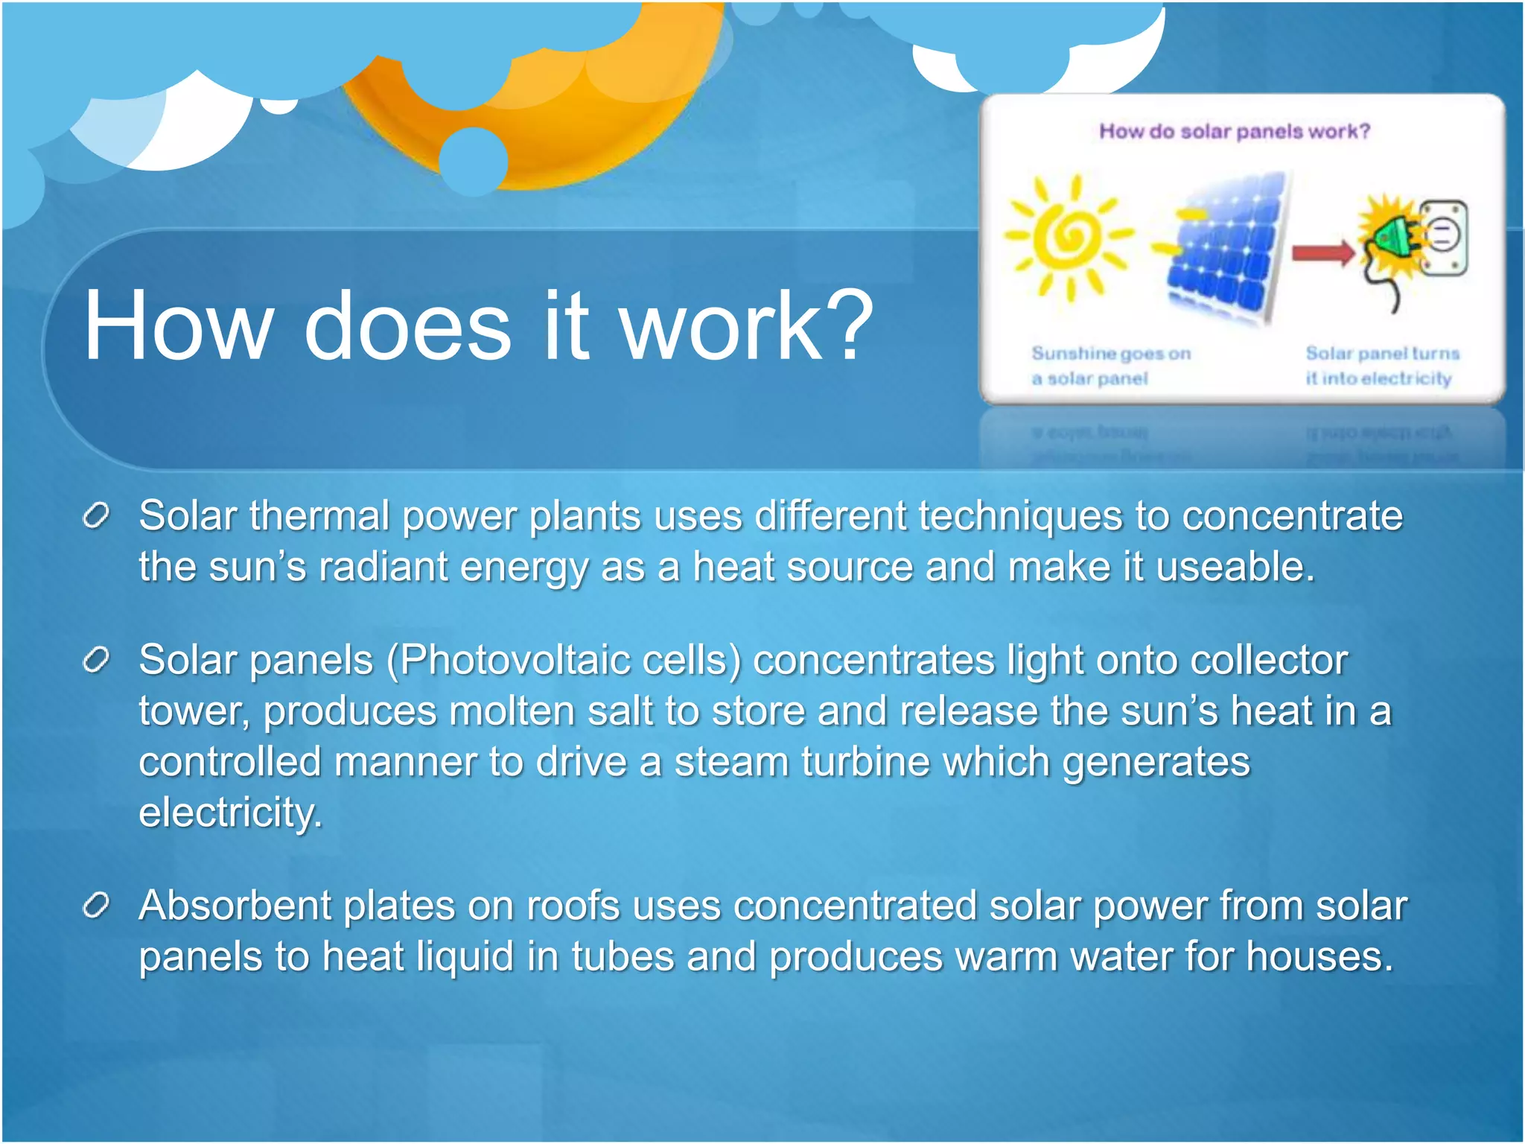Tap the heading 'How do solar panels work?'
click(x=1234, y=132)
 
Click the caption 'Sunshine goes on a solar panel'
click(x=1109, y=366)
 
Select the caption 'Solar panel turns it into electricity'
click(x=1381, y=366)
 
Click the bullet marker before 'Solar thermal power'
click(x=97, y=515)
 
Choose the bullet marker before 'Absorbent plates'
click(x=97, y=905)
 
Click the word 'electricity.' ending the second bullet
click(x=230, y=812)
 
